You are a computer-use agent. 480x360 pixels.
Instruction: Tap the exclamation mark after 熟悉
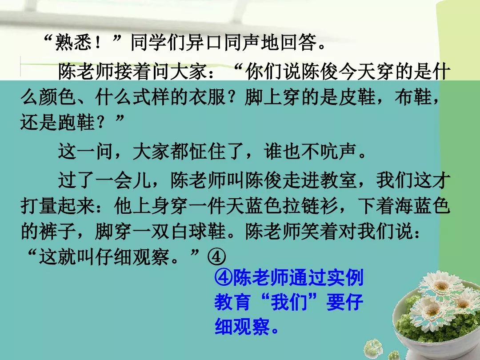coord(99,43)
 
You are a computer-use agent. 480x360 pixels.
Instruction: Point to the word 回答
coord(299,42)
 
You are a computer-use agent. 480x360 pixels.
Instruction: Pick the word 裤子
coord(57,232)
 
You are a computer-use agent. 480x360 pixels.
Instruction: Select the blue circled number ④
coord(223,278)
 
